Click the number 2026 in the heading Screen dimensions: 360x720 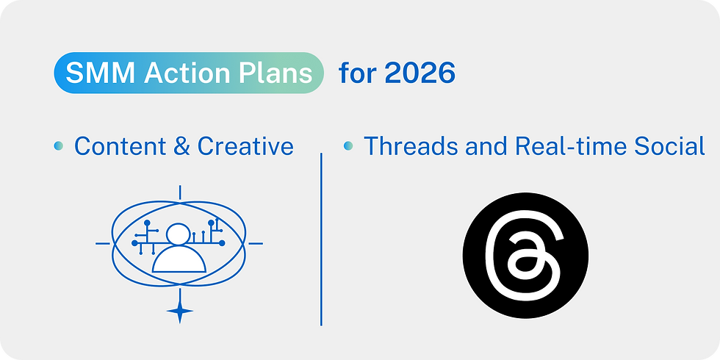[x=420, y=73]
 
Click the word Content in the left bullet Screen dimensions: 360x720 [x=120, y=146]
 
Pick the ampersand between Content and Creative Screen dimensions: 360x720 [x=181, y=146]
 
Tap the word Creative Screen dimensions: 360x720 [x=245, y=146]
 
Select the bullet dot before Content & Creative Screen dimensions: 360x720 [x=58, y=146]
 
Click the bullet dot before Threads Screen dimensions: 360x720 [x=348, y=146]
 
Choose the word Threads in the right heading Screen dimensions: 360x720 [x=411, y=146]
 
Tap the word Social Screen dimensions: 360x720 [x=671, y=146]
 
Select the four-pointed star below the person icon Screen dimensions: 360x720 [x=179, y=312]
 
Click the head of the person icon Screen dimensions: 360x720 [x=179, y=235]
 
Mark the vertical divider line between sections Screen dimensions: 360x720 [x=321, y=239]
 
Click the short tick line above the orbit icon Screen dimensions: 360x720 [x=179, y=192]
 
